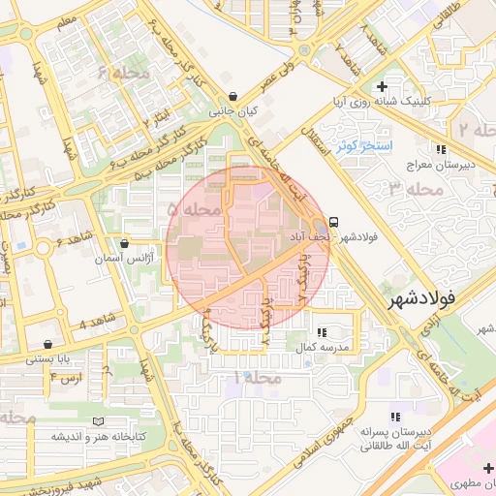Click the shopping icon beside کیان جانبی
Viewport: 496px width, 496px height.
(233, 97)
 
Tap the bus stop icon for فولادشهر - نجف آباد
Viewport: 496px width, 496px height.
(334, 221)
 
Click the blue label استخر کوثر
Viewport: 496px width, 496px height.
(363, 146)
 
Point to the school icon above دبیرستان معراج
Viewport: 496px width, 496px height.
(442, 149)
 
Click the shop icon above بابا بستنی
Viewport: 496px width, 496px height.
(48, 344)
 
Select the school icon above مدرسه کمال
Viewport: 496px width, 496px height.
(322, 331)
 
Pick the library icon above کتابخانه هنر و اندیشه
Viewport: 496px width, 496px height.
(97, 421)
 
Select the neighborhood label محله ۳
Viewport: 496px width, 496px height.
(415, 189)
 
